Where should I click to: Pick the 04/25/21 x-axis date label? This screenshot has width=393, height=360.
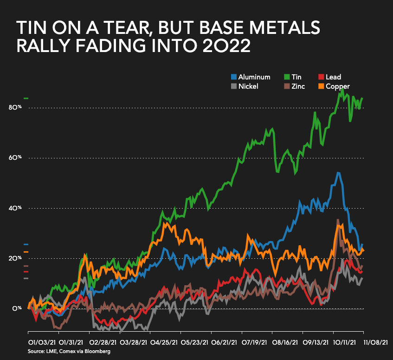[163, 342]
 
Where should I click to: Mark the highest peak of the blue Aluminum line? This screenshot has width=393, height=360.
[338, 173]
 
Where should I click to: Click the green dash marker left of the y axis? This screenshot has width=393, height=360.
[26, 98]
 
